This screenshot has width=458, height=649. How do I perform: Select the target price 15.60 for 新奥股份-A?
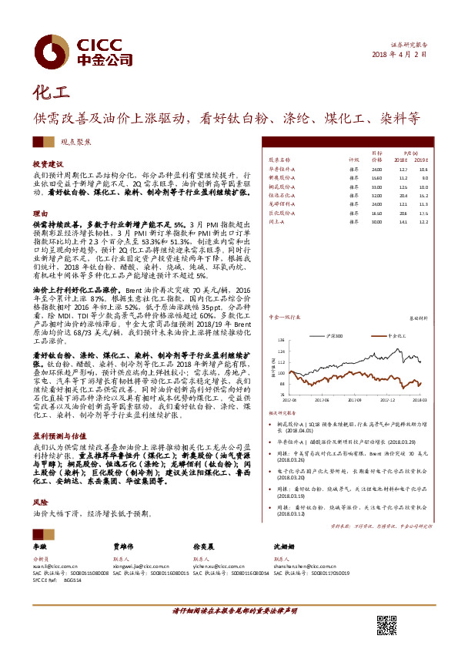[x=376, y=177]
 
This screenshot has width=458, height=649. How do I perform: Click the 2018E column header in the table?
[x=403, y=159]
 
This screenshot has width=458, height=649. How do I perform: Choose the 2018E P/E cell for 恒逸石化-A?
[x=403, y=195]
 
